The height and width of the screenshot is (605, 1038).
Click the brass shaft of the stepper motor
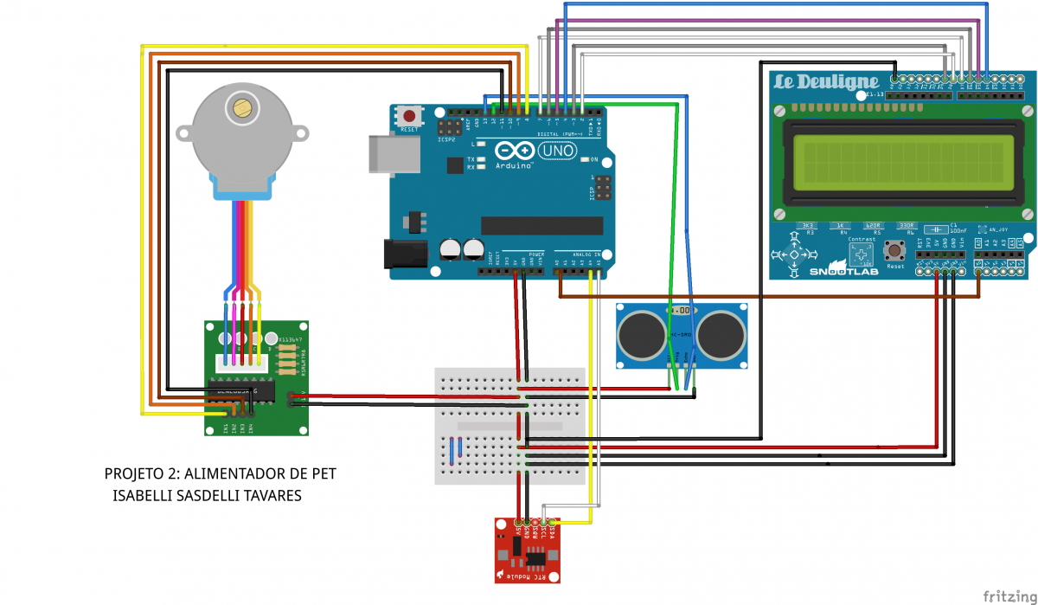click(x=241, y=108)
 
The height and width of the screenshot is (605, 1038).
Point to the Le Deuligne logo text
click(x=826, y=83)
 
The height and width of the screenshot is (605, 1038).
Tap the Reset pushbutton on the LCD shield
click(x=895, y=253)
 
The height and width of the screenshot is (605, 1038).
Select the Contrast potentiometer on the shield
click(x=862, y=254)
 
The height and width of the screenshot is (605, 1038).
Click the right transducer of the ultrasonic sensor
click(x=720, y=332)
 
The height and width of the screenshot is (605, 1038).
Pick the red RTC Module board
click(x=528, y=551)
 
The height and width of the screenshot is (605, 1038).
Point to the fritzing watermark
click(x=1009, y=595)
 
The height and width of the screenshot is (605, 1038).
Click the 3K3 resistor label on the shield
click(x=809, y=225)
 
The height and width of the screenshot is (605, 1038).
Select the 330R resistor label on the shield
click(x=907, y=225)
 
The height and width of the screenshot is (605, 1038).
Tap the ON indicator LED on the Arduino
click(x=586, y=160)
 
